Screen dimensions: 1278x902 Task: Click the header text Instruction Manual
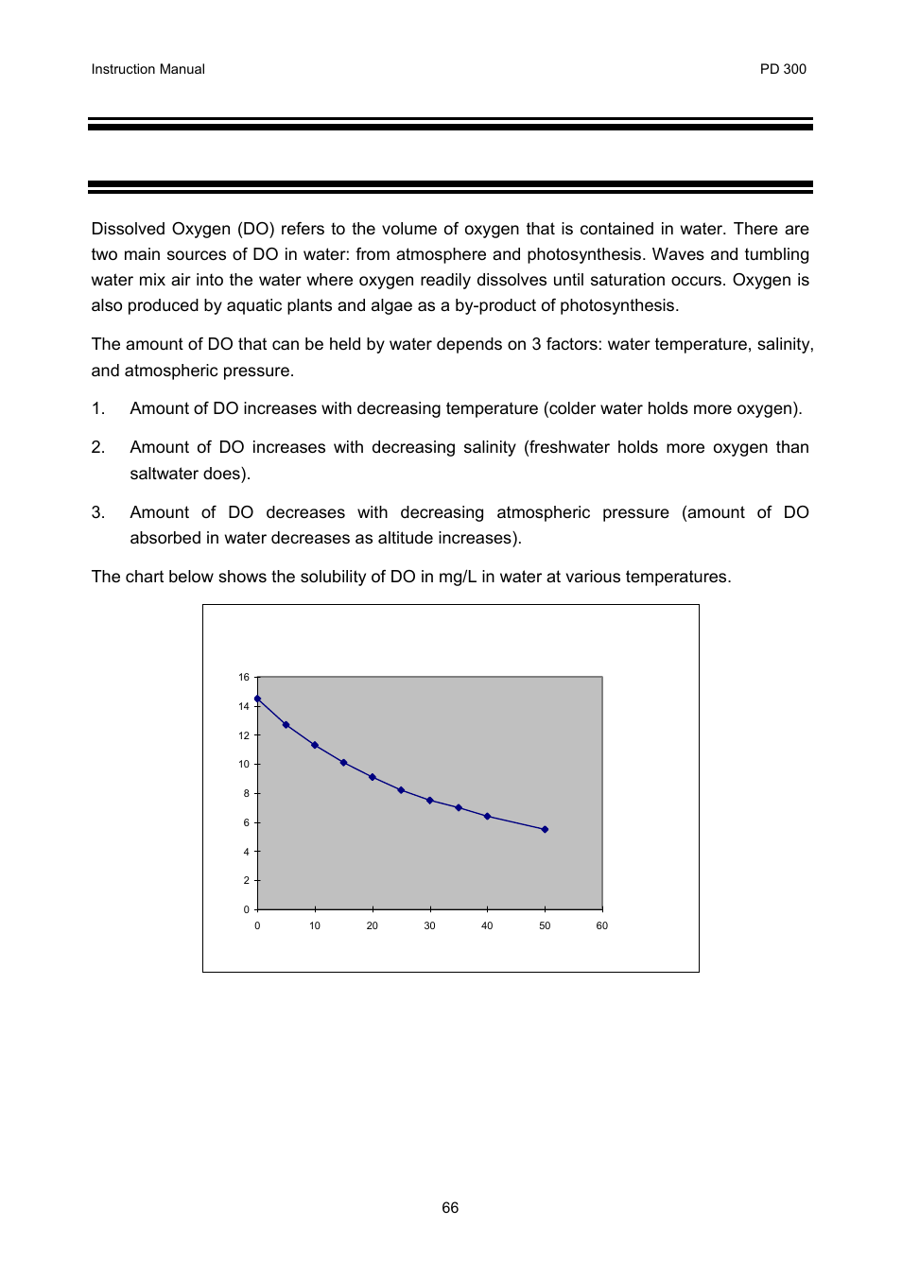[147, 69]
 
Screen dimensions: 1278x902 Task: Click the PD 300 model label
[783, 69]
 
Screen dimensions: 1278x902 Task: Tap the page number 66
[450, 1208]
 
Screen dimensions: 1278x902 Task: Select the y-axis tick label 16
[244, 677]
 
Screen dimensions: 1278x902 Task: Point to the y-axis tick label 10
[244, 764]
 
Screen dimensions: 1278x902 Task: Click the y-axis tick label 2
[247, 880]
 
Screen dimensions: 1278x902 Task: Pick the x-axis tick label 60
[602, 925]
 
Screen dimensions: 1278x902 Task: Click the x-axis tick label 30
[429, 925]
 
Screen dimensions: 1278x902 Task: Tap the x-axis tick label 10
[315, 925]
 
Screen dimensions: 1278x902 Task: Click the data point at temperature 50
[545, 829]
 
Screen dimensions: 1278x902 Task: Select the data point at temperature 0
[257, 699]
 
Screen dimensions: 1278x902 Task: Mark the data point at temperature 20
[373, 777]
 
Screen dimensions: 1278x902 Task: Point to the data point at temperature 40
[487, 816]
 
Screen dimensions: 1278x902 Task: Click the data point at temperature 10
[315, 745]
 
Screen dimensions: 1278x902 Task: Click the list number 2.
[97, 447]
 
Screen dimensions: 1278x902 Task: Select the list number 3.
[97, 512]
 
